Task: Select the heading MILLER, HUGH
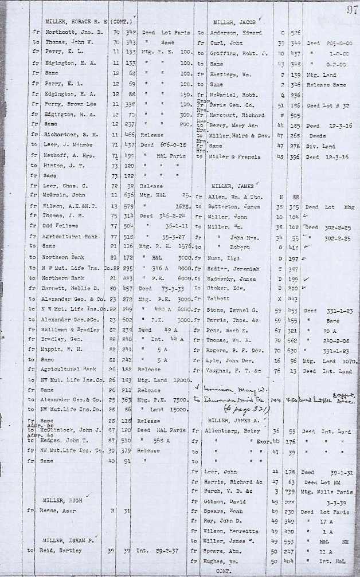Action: pos(59,500)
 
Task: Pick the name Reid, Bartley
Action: pos(62,549)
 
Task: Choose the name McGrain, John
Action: pos(64,196)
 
